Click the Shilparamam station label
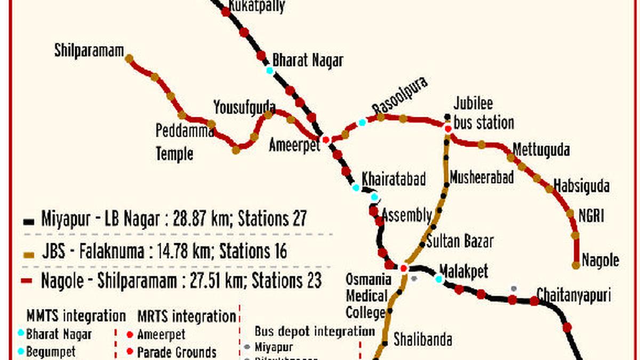tap(89, 51)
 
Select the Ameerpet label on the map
tap(294, 145)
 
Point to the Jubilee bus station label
tap(483, 114)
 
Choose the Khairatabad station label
tap(394, 179)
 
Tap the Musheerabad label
tap(482, 177)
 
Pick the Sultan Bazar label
tap(460, 241)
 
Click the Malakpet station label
tap(463, 271)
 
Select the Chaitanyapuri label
tap(573, 295)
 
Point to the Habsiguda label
tap(581, 186)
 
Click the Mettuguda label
tap(541, 150)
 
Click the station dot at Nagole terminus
tap(576, 265)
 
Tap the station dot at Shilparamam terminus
tap(129, 58)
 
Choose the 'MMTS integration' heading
tap(76, 316)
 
